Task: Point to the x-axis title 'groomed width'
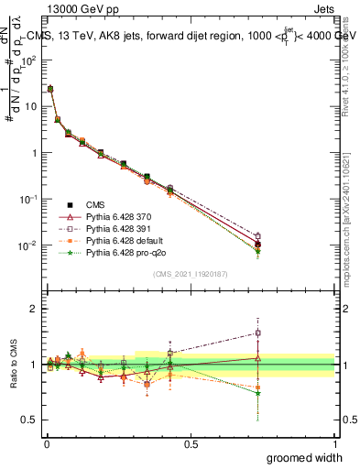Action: pyautogui.click(x=305, y=457)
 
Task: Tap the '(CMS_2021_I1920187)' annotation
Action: pyautogui.click(x=191, y=273)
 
